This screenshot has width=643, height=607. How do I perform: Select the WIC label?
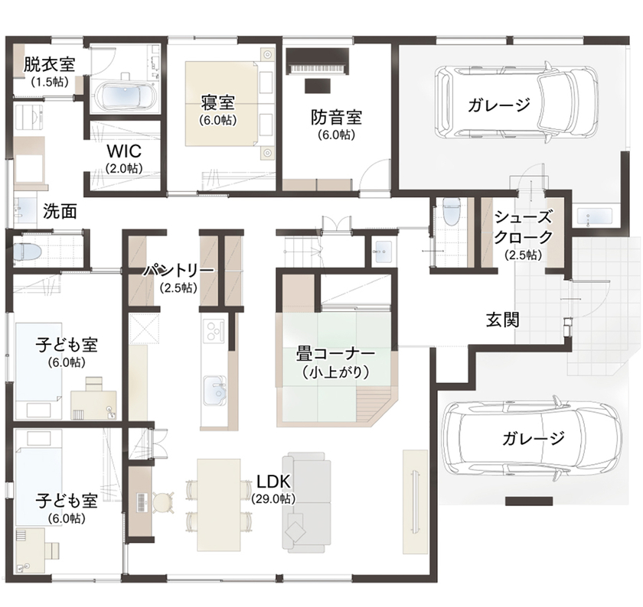122,151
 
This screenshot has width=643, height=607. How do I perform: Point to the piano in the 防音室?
317,60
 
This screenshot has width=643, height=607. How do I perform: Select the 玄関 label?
502,320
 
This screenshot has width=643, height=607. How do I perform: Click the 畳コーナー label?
335,355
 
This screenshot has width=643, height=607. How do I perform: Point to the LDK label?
273,482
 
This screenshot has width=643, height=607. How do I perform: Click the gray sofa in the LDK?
306,501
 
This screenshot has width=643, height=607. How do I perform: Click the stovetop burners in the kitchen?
212,331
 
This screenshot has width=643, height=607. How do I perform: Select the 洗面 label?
59,212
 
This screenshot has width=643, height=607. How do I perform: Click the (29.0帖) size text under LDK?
273,498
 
